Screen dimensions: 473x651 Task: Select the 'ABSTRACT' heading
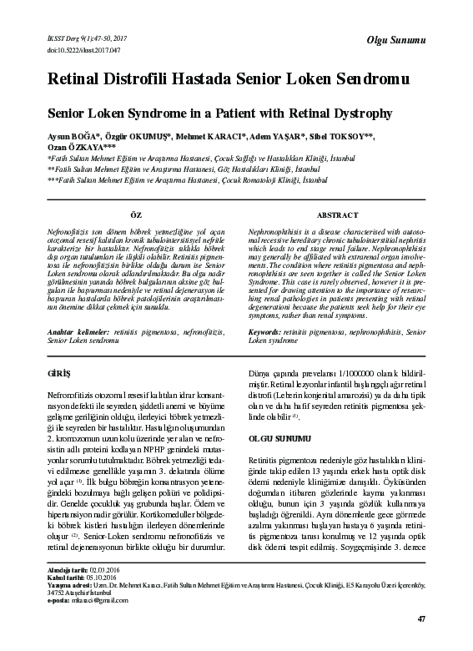[x=338, y=215]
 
